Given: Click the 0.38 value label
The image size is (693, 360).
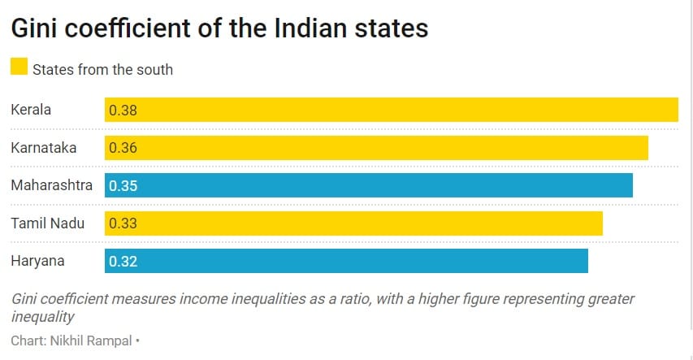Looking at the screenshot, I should (x=123, y=111).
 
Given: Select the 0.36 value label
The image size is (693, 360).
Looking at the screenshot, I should (x=123, y=148).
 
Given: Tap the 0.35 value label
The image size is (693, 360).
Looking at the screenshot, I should (x=123, y=185).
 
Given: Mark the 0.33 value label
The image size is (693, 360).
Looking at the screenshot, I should (x=123, y=223).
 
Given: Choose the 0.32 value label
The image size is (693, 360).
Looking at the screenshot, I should (x=123, y=261).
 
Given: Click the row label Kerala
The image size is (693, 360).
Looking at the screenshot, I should (x=31, y=110).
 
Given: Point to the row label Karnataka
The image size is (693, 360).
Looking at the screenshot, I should (x=43, y=148).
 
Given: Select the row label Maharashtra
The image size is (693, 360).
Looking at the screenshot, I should (x=51, y=185).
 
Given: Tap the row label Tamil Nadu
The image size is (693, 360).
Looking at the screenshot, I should (x=47, y=223).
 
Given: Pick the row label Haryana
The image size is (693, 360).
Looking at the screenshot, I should (x=37, y=261).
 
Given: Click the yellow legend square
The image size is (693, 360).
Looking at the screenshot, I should (x=19, y=67).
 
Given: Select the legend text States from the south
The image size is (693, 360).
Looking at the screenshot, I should (x=102, y=69).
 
